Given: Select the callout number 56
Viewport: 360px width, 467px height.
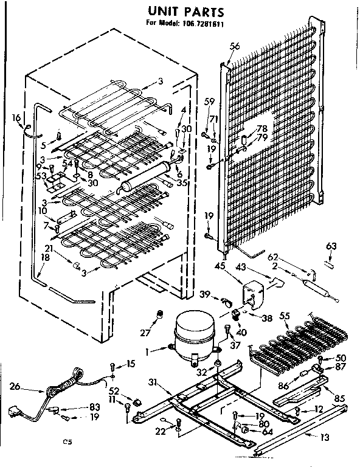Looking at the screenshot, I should coord(235,46).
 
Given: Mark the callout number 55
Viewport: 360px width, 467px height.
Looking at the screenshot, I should coord(283,316).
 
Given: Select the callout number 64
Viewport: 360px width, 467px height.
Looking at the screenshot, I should coord(266,432).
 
